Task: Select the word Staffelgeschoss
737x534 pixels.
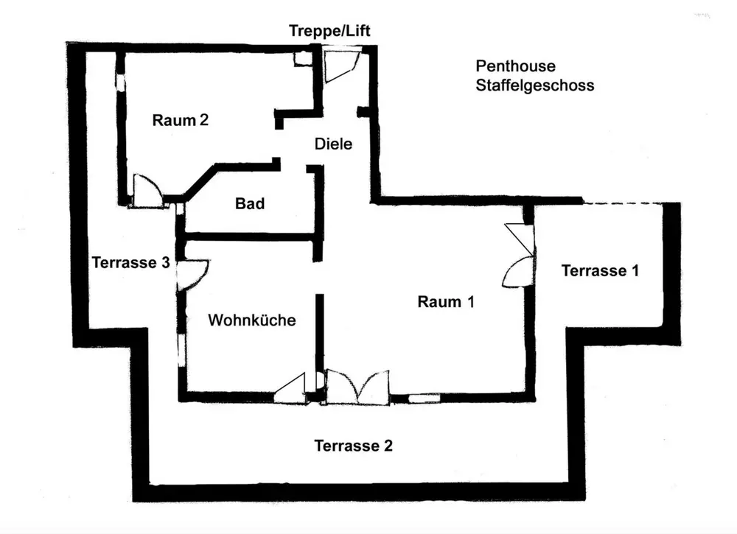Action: click(534, 85)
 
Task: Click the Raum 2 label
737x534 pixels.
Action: click(181, 120)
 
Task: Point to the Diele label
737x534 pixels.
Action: click(333, 144)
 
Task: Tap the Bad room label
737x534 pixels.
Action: click(250, 203)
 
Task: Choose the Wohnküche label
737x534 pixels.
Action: click(252, 320)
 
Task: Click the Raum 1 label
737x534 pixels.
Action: click(447, 301)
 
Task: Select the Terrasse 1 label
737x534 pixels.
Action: click(600, 270)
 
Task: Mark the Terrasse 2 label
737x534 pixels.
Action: click(353, 446)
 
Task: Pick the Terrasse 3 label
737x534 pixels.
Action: click(130, 262)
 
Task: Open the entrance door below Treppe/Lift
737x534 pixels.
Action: click(340, 64)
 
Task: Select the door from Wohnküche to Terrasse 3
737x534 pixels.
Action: click(194, 274)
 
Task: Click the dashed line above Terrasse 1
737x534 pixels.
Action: click(631, 203)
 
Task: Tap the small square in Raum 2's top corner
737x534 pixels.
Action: click(301, 59)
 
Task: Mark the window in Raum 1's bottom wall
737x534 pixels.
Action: click(423, 398)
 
